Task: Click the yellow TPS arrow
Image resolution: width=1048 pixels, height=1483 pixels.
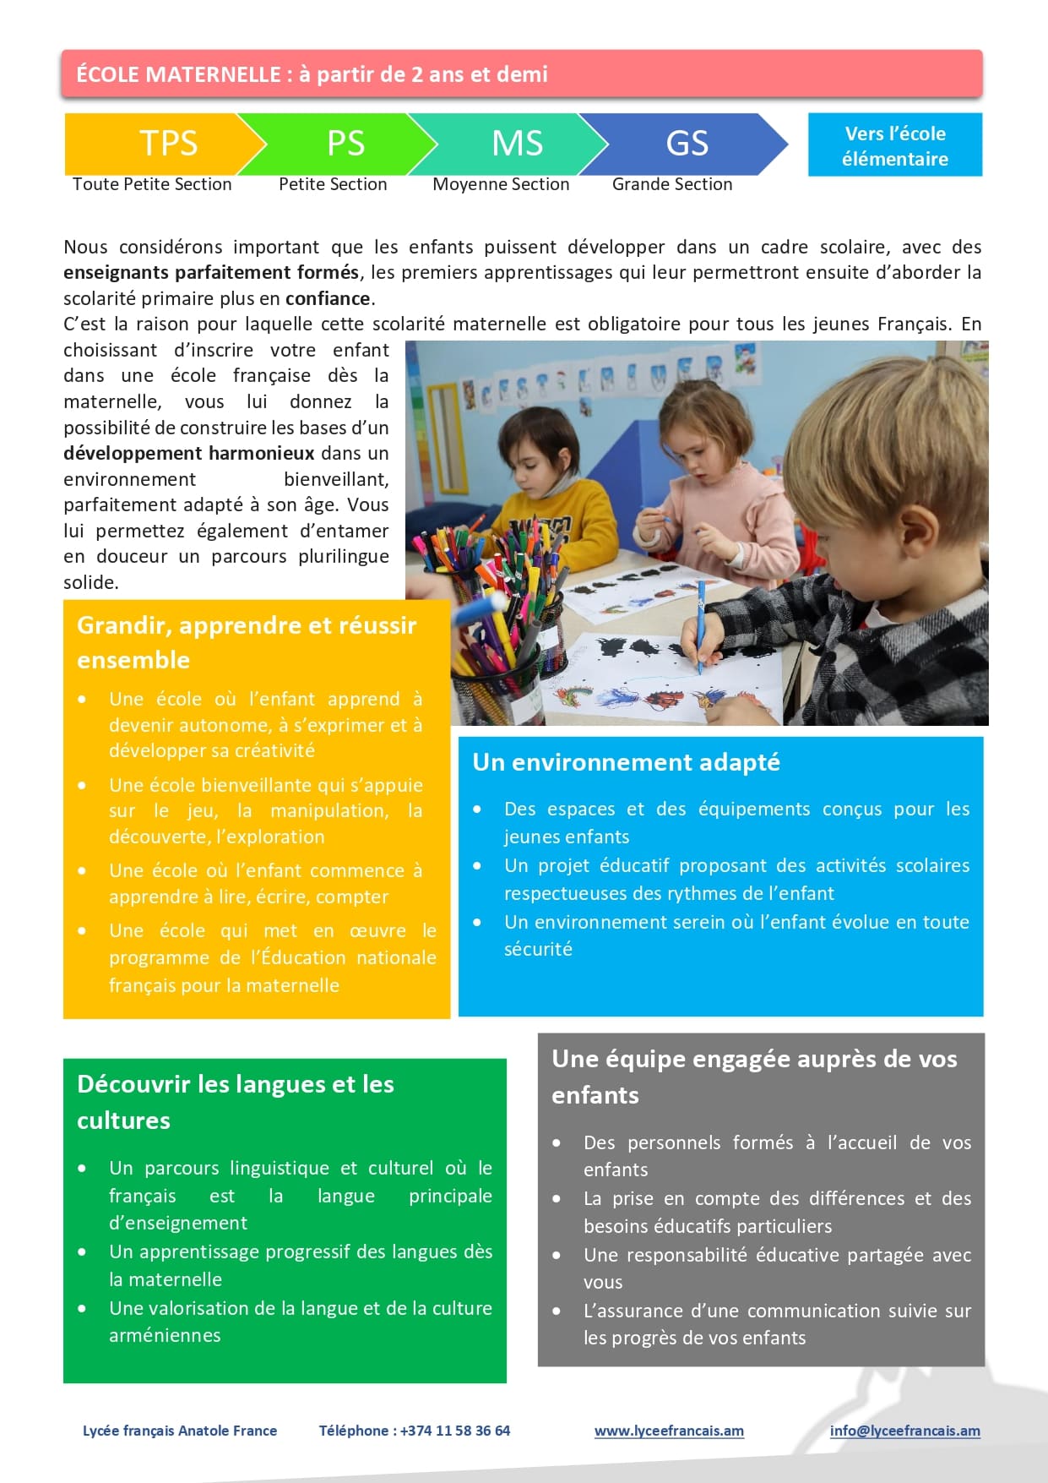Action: coord(160,144)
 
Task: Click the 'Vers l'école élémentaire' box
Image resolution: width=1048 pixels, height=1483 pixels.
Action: coord(895,145)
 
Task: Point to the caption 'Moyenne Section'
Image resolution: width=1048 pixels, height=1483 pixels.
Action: coord(501,184)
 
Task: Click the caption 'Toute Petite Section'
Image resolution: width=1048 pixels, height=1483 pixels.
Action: coord(152,184)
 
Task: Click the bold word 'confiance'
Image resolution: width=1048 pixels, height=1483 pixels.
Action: coord(328,298)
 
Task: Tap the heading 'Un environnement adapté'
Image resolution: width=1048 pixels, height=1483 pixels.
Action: coord(626,762)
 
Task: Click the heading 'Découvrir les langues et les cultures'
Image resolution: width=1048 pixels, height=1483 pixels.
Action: coord(235,1101)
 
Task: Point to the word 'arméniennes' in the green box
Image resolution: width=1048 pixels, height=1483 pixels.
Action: coord(165,1335)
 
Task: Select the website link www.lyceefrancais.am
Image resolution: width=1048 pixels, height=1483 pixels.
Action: coord(669,1431)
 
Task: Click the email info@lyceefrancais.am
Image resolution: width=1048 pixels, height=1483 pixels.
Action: coord(904,1431)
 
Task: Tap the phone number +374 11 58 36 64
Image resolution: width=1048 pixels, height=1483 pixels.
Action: coord(454,1431)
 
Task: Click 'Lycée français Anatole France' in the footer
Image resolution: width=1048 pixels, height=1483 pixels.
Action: coord(180,1431)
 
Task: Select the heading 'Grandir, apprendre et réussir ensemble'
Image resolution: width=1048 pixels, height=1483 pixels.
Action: coord(247,642)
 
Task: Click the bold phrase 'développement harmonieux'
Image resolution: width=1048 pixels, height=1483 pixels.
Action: coord(189,453)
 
